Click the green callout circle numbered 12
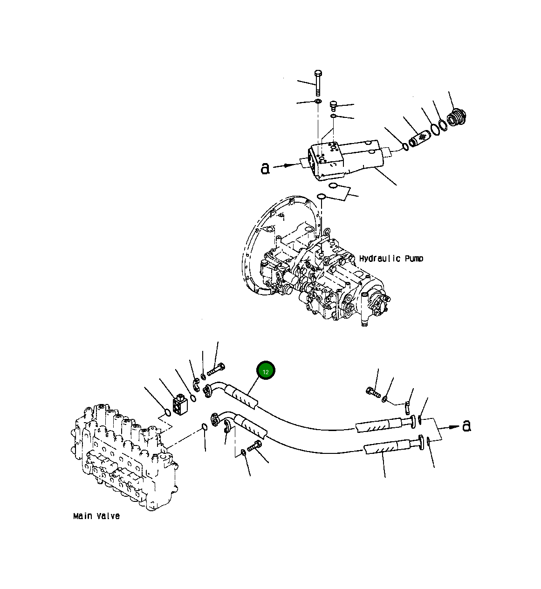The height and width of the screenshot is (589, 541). (266, 371)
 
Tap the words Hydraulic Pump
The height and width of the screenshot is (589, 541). (391, 258)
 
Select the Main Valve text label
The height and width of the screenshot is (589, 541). (96, 516)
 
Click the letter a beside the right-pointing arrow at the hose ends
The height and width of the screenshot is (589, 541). (466, 425)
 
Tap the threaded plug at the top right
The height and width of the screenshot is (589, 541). (457, 117)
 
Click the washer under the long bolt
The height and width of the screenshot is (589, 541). (318, 101)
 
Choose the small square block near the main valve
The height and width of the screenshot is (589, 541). (180, 404)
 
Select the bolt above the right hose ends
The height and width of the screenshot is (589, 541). (373, 392)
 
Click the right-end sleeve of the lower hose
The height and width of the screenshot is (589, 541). (386, 448)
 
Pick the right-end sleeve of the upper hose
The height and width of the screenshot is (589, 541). (378, 425)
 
